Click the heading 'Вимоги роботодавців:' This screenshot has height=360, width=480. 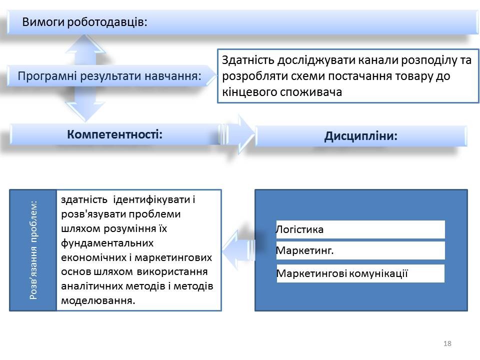84,22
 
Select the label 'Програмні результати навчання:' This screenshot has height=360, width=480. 109,76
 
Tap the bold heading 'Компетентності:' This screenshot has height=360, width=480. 115,134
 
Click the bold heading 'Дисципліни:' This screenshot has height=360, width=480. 361,136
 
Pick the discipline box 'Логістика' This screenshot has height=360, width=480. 360,229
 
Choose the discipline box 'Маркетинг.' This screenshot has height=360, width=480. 360,250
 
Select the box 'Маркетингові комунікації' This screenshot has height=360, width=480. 360,273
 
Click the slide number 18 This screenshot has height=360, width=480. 447,343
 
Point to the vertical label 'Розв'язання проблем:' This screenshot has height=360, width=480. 33,250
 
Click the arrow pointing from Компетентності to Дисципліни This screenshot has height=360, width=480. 238,134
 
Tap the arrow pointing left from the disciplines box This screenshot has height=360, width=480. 238,246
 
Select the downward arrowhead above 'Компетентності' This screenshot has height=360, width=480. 85,112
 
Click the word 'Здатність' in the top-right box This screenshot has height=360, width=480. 248,60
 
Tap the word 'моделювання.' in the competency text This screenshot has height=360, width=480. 98,300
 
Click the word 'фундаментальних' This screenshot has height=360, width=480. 107,243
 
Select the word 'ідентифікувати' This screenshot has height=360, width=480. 151,199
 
